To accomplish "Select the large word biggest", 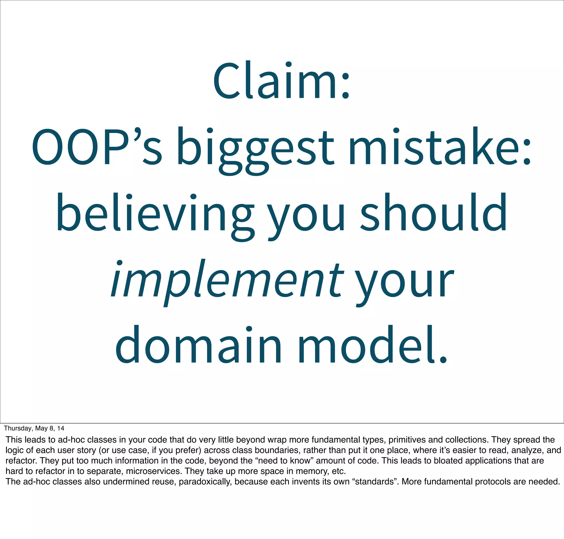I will (255, 149).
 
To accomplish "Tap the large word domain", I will (198, 345).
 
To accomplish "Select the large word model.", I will (372, 345).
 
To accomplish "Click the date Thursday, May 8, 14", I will (34, 428).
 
